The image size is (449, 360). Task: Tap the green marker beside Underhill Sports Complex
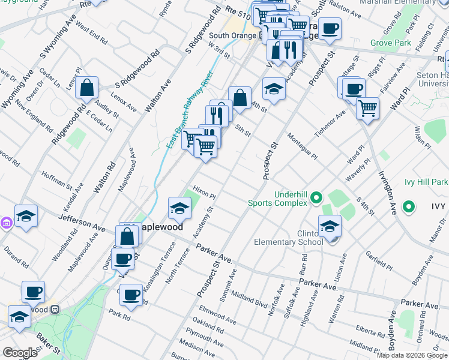click(x=316, y=197)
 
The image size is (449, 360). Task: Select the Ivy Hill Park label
click(x=426, y=182)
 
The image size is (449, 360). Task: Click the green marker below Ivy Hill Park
click(x=409, y=207)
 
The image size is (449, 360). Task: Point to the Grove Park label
click(x=390, y=43)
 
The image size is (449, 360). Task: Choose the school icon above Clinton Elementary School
click(x=330, y=227)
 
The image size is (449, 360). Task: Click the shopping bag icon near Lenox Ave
click(x=88, y=88)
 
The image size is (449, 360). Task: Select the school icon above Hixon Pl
click(x=179, y=208)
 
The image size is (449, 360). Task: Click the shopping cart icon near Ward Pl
click(x=367, y=109)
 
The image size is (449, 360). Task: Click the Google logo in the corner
click(x=20, y=353)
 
